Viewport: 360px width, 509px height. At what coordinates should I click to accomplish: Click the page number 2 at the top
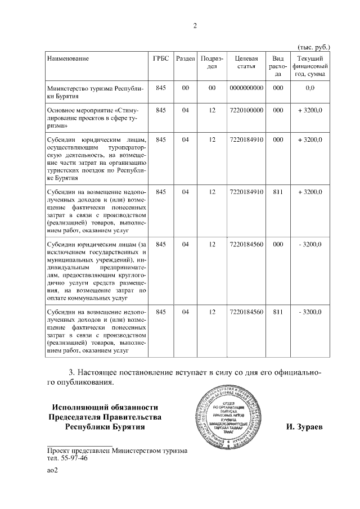pyautogui.click(x=195, y=26)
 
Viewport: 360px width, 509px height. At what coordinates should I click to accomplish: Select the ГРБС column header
pyautogui.click(x=161, y=58)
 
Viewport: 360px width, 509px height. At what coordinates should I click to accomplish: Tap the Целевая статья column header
pyautogui.click(x=246, y=63)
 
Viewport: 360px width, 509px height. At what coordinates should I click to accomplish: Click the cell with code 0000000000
pyautogui.click(x=246, y=88)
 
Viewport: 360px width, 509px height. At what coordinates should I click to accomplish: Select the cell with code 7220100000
pyautogui.click(x=246, y=111)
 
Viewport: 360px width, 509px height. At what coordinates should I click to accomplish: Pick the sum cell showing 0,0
pyautogui.click(x=309, y=88)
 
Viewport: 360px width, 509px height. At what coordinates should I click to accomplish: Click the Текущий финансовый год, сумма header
pyautogui.click(x=309, y=67)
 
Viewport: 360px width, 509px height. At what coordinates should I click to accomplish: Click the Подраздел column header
pyautogui.click(x=212, y=63)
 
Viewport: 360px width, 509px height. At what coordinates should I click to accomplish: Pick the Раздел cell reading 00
pyautogui.click(x=185, y=88)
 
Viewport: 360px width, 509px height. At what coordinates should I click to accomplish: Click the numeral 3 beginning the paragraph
pyautogui.click(x=71, y=373)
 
